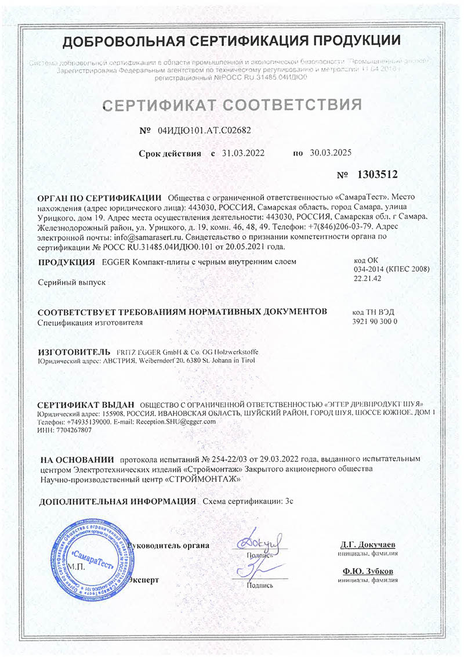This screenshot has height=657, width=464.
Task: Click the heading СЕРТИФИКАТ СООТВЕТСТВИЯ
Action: tap(232, 105)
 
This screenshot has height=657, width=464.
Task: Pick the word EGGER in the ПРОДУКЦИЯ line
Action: tap(115, 262)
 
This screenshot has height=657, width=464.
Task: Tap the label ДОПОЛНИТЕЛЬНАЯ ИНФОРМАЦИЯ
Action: tap(117, 501)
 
